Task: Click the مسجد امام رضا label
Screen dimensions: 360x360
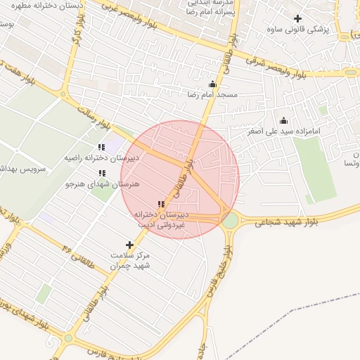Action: [212, 94]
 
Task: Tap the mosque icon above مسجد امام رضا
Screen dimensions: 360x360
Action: [212, 84]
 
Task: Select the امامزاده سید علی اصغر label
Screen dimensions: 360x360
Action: [284, 131]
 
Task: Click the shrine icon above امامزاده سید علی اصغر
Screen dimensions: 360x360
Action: [283, 120]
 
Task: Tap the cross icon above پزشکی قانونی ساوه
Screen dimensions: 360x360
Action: [298, 18]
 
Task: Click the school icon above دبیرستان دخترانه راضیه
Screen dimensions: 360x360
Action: [101, 147]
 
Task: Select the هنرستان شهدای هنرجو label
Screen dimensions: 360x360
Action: [102, 184]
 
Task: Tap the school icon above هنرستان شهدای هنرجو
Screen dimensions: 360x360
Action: [101, 173]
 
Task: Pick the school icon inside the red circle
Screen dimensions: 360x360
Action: [161, 204]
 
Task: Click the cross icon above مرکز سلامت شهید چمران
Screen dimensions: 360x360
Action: [129, 245]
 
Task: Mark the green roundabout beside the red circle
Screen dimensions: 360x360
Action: [230, 221]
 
